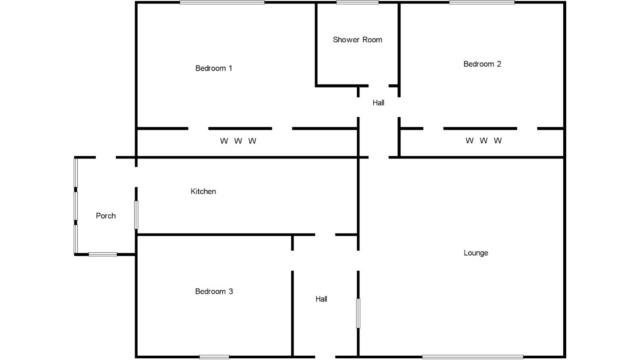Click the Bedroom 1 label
click(x=214, y=68)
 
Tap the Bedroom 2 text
click(x=482, y=64)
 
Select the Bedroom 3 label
click(x=214, y=292)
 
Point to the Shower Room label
click(x=357, y=40)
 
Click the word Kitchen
click(x=203, y=191)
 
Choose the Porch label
click(x=106, y=216)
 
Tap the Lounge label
click(x=476, y=253)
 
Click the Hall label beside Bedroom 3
click(x=321, y=299)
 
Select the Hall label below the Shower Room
click(x=378, y=102)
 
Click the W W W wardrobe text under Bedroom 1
click(x=238, y=141)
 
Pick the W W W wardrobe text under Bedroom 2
click(x=483, y=140)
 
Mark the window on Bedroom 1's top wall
click(x=222, y=3)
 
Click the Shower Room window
click(x=357, y=3)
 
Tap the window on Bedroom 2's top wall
click(x=482, y=3)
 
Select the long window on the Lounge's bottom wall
click(x=473, y=357)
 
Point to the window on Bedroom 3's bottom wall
click(x=214, y=357)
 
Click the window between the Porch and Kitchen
click(x=136, y=215)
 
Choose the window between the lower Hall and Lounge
click(x=358, y=313)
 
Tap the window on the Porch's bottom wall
click(x=103, y=255)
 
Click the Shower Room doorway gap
click(x=378, y=86)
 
